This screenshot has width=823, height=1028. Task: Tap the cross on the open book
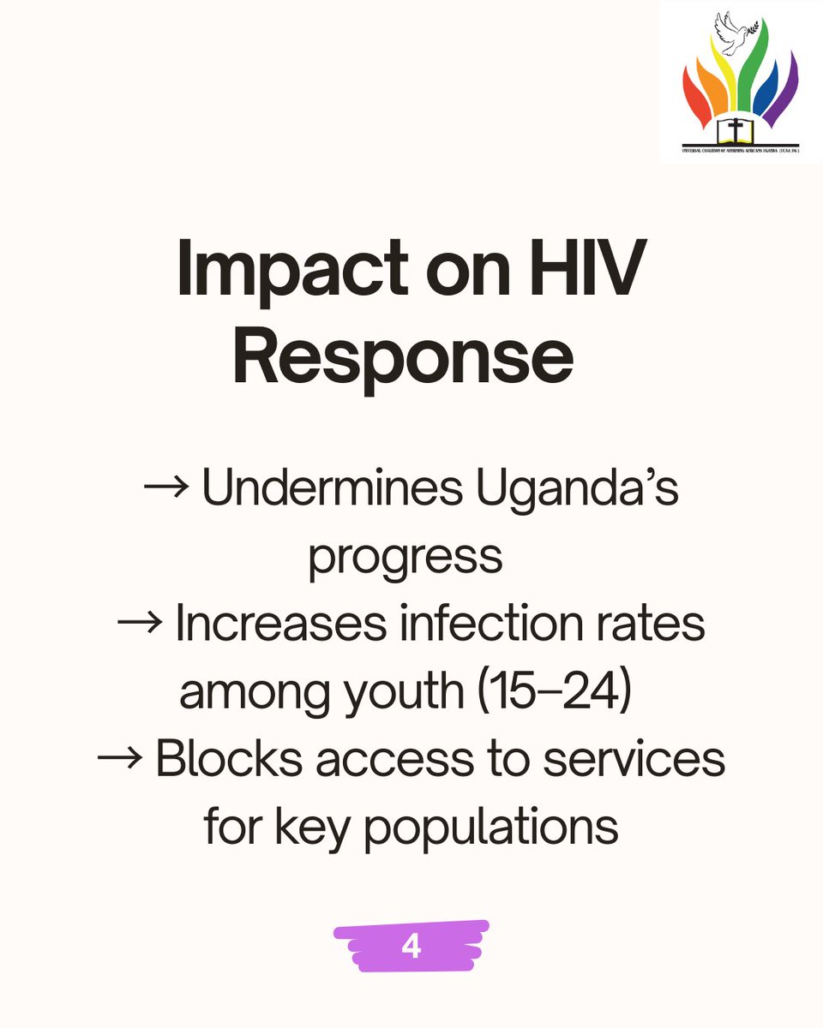[735, 130]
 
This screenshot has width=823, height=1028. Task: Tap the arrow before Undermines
[166, 489]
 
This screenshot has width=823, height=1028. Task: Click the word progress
[405, 557]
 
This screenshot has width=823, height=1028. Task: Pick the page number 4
[411, 946]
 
